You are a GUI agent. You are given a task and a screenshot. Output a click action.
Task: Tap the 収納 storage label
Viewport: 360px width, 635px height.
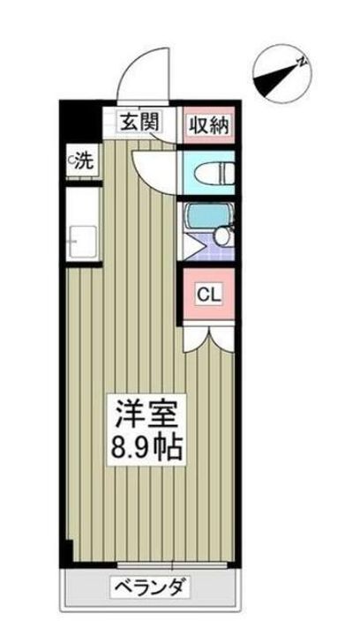coord(208,125)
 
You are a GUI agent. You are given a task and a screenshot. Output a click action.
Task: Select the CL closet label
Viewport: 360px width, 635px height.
coord(209,295)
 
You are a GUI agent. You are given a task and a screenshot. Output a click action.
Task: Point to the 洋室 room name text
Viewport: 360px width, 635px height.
coord(146,412)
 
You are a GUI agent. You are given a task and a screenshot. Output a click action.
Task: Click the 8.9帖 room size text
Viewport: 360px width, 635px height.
coord(146,446)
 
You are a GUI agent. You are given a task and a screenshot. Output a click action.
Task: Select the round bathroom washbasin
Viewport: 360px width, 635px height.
coord(222,236)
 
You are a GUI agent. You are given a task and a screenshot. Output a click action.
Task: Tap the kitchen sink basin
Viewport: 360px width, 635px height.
coord(83,242)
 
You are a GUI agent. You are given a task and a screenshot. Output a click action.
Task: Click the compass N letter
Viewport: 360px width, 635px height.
coord(302,62)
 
